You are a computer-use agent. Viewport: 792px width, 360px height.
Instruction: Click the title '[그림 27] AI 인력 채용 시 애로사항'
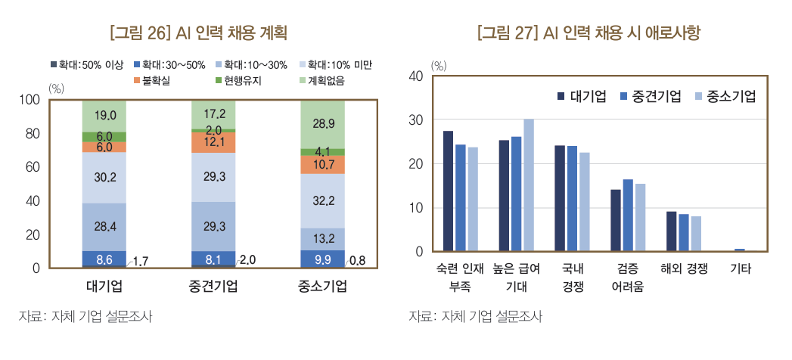coord(590,33)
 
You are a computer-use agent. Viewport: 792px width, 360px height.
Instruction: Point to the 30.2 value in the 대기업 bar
coord(104,178)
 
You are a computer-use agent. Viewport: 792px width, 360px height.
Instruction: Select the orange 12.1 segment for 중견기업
coord(213,142)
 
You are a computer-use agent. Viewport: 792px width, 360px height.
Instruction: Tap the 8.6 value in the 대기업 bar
coord(104,259)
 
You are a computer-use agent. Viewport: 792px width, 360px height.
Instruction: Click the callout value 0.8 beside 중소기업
coord(357,261)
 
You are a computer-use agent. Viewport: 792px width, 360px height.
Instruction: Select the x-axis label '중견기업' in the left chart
coord(213,287)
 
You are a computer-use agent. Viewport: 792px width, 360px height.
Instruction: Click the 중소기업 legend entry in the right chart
coord(725,96)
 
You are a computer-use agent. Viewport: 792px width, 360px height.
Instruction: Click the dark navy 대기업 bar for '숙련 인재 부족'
coord(448,191)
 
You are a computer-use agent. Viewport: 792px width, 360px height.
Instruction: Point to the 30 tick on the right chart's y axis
coord(415,120)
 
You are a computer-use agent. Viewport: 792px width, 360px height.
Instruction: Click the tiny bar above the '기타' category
coord(739,249)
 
